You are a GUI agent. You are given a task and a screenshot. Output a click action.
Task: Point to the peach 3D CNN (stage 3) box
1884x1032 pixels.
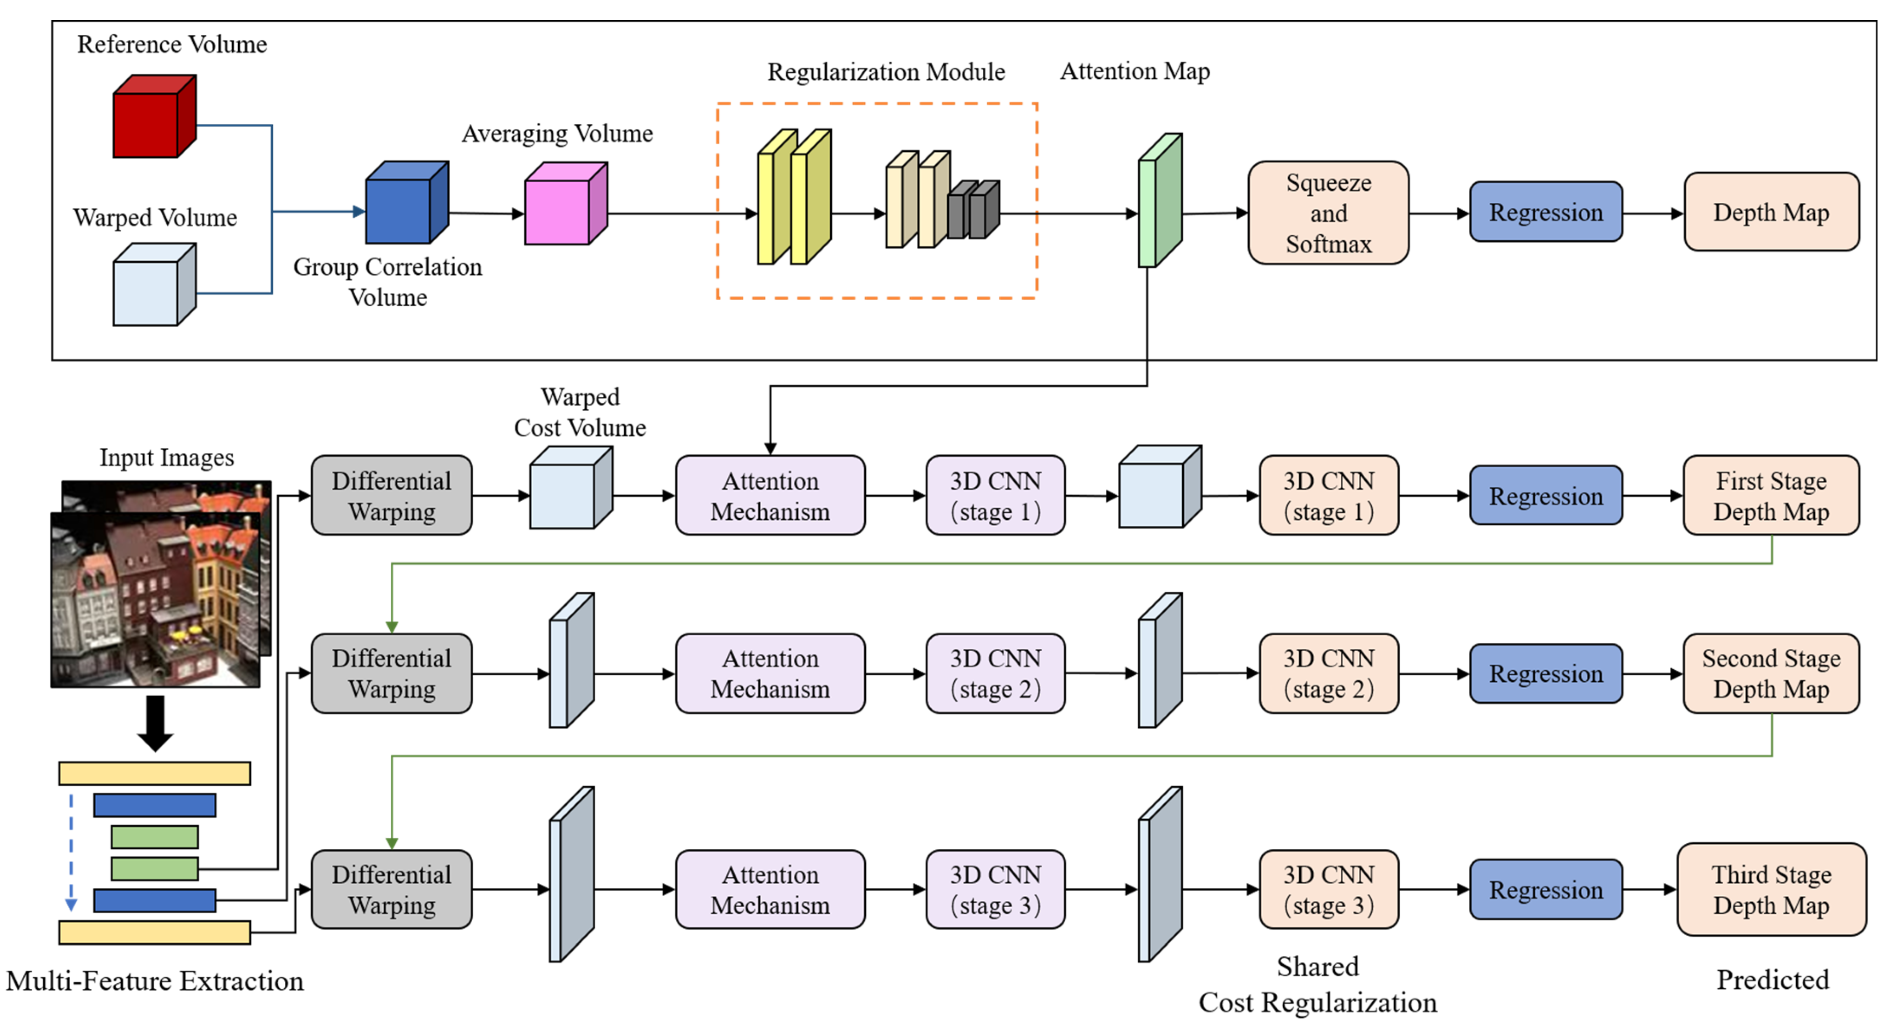(x=1328, y=889)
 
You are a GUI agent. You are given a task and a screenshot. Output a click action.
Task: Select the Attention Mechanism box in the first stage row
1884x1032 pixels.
(x=769, y=496)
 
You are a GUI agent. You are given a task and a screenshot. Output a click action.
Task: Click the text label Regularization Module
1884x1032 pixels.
(x=886, y=72)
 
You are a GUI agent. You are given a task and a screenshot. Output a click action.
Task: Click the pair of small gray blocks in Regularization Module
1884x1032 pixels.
(x=974, y=210)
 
